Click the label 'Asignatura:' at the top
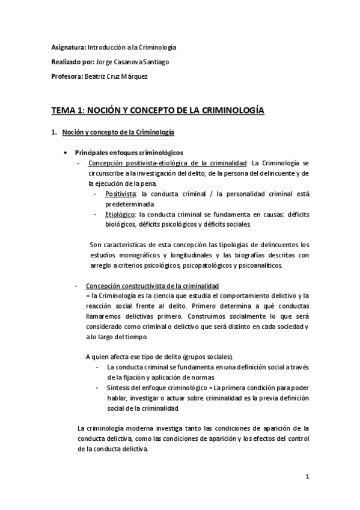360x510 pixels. click(68, 47)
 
